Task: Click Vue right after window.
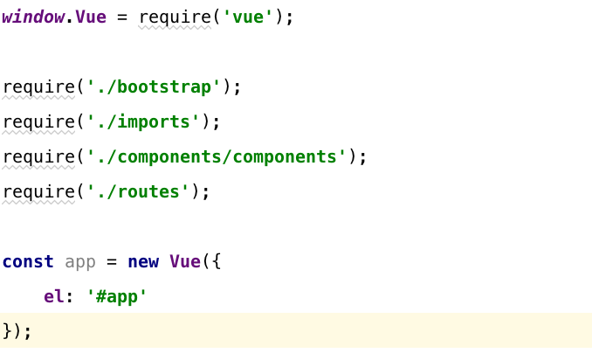(91, 17)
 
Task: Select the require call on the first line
(175, 17)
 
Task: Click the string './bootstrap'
(154, 87)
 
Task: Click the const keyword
(28, 261)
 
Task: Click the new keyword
(143, 261)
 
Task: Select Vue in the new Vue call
(185, 261)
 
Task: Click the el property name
(54, 296)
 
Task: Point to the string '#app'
(117, 296)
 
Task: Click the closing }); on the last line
(17, 331)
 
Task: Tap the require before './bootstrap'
(38, 87)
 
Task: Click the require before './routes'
(38, 191)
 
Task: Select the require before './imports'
(38, 121)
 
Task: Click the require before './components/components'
(38, 156)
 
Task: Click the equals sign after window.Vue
(122, 17)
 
